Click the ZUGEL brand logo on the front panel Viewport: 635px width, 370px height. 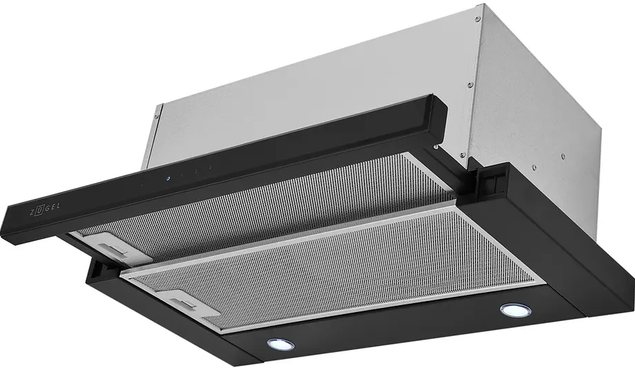click(x=46, y=209)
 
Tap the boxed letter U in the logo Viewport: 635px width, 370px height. click(x=39, y=211)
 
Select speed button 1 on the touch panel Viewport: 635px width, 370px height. click(x=182, y=175)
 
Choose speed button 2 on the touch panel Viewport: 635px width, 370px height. click(x=196, y=171)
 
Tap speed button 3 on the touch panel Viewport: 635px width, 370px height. click(x=211, y=167)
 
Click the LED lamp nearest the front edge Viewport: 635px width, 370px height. click(x=281, y=344)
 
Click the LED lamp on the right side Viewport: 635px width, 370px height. click(x=516, y=310)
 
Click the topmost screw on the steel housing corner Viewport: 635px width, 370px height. click(x=478, y=19)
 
